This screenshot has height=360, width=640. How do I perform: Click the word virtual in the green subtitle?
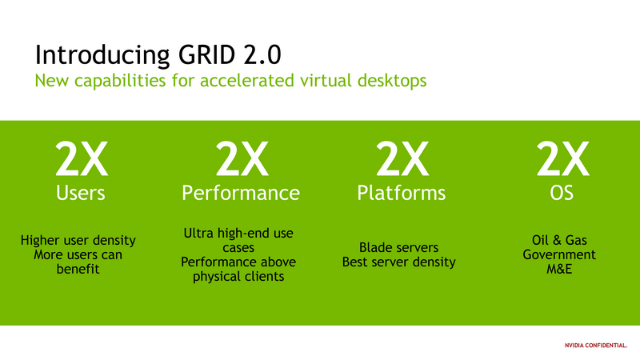click(x=326, y=80)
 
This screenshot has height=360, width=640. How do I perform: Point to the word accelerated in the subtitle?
click(x=247, y=80)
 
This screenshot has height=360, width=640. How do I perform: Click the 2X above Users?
click(x=82, y=158)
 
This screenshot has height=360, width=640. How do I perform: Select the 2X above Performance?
click(x=242, y=158)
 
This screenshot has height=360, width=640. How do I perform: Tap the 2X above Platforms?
click(x=402, y=158)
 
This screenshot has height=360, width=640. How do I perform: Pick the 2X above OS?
click(x=562, y=158)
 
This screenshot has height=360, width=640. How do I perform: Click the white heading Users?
click(x=81, y=193)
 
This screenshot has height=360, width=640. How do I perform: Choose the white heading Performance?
click(x=241, y=193)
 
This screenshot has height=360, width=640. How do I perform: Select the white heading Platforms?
click(x=402, y=193)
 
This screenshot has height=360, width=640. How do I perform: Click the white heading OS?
click(x=562, y=193)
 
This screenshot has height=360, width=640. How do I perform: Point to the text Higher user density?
click(x=78, y=241)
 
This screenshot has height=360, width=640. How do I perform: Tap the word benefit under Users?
click(x=78, y=269)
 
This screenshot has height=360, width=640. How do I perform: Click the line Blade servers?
click(x=398, y=247)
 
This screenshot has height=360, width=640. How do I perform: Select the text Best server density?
click(x=398, y=262)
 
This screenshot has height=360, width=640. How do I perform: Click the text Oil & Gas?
click(x=559, y=240)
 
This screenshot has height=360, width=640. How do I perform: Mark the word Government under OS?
click(x=559, y=254)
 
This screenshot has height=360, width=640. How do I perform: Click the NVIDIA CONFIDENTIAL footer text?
click(x=596, y=346)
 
